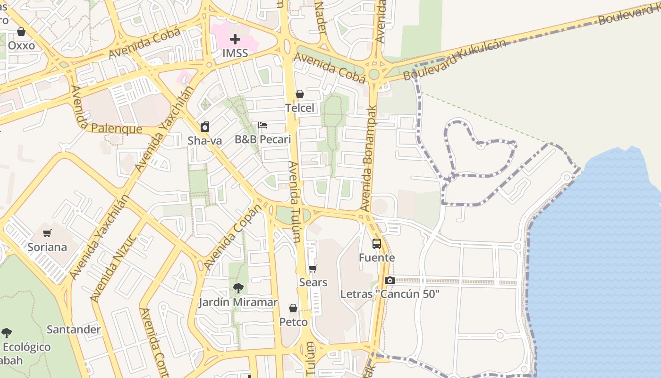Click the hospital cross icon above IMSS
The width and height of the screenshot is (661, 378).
[x=235, y=39]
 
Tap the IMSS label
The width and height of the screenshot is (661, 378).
[x=235, y=53]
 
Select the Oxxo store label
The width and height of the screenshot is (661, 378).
[x=22, y=45]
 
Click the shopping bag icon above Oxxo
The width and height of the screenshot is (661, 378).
[x=21, y=32]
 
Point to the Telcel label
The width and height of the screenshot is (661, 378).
[x=299, y=108]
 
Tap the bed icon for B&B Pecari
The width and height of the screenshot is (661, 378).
[x=263, y=125]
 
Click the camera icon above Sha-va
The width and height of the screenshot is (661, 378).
[x=205, y=127]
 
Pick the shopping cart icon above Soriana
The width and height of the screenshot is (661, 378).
[x=47, y=233]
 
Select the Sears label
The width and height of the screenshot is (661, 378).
[x=313, y=283]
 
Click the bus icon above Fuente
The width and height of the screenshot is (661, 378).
[x=377, y=244]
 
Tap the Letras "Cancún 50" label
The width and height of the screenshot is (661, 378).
[x=390, y=294]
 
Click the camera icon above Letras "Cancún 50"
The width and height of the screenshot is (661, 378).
[x=390, y=280]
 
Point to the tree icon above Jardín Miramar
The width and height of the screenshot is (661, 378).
[x=238, y=288]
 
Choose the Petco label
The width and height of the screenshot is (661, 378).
[x=293, y=322]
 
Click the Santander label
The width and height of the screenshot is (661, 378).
[x=74, y=329]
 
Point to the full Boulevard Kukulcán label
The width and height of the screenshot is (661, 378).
[x=455, y=60]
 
